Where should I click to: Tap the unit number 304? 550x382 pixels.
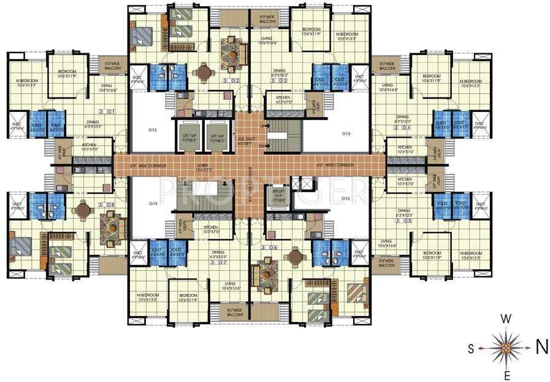(406, 128)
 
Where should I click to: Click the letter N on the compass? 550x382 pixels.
(541, 347)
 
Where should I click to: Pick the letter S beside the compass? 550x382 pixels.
(472, 349)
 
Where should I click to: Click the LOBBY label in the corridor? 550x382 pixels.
(203, 166)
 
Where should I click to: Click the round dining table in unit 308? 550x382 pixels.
(81, 209)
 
